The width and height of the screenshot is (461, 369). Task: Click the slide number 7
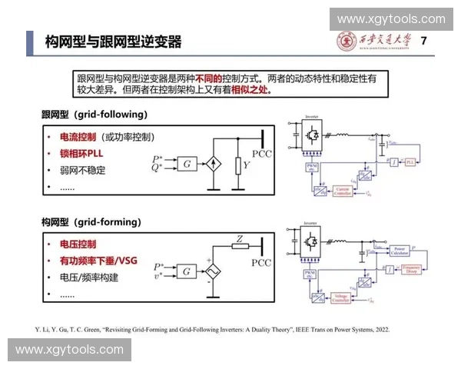[x=424, y=41]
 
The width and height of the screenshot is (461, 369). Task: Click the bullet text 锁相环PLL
[x=81, y=152]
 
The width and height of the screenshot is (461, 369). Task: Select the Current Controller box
[x=342, y=191]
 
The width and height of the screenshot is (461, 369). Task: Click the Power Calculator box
[x=400, y=251]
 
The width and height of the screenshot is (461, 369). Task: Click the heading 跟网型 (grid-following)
[x=94, y=115]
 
